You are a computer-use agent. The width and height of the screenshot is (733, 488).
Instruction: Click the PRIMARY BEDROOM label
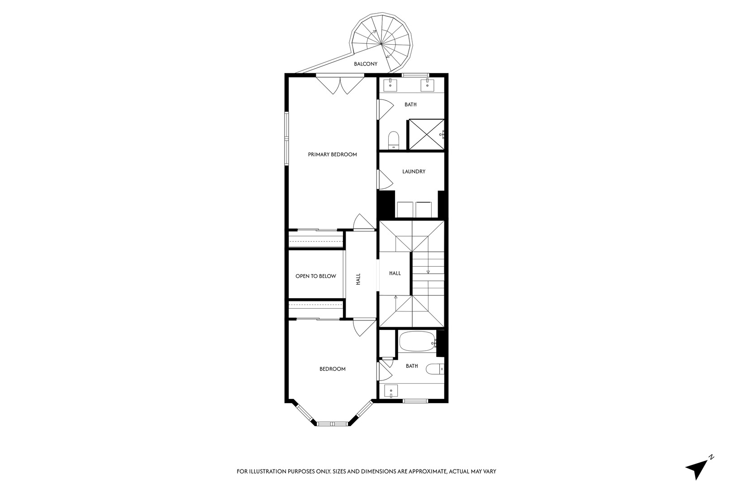pyautogui.click(x=332, y=155)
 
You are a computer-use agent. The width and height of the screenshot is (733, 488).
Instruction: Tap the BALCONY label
pyautogui.click(x=366, y=64)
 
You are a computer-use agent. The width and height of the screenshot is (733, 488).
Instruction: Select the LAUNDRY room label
pyautogui.click(x=414, y=172)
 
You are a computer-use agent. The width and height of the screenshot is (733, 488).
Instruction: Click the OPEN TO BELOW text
pyautogui.click(x=315, y=276)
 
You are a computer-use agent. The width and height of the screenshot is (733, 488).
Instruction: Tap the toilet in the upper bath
pyautogui.click(x=394, y=139)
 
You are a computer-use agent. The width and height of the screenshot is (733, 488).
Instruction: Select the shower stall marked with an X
pyautogui.click(x=426, y=134)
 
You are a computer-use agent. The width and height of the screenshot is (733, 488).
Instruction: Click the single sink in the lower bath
pyautogui.click(x=390, y=391)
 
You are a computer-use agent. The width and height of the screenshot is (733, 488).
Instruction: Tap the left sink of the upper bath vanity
pyautogui.click(x=390, y=84)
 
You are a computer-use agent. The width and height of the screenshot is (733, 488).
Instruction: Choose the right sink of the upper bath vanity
pyautogui.click(x=426, y=84)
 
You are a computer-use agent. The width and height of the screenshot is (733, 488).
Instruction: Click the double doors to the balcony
pyautogui.click(x=340, y=85)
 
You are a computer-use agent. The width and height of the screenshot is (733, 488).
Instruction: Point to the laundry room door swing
pyautogui.click(x=385, y=179)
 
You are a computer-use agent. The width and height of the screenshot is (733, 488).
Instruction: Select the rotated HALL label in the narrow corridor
pyautogui.click(x=358, y=279)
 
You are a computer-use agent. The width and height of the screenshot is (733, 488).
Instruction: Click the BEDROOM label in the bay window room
pyautogui.click(x=332, y=369)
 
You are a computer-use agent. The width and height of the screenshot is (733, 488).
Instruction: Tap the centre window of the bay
pyautogui.click(x=332, y=423)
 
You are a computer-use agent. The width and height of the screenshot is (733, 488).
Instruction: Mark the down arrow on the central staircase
pyautogui.click(x=428, y=272)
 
